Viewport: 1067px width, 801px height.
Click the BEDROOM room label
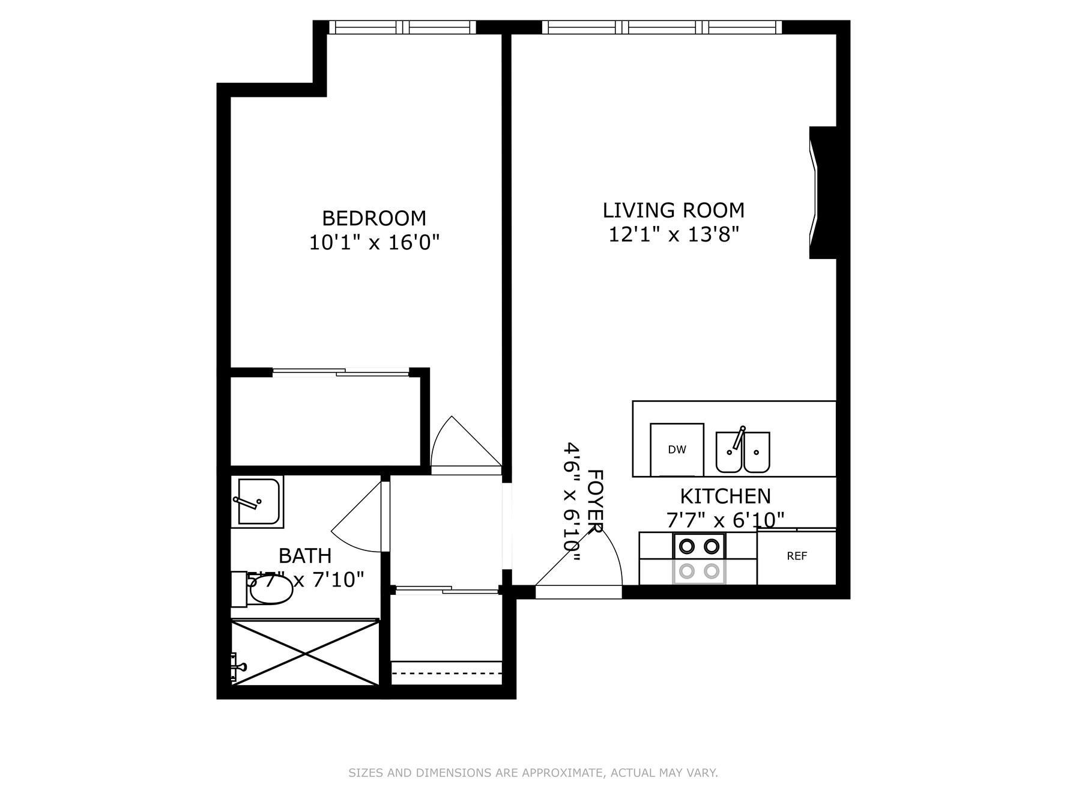(x=374, y=218)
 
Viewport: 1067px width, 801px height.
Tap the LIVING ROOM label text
(x=674, y=210)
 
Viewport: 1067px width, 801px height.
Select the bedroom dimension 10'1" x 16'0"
(x=374, y=243)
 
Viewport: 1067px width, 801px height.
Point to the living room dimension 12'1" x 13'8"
(x=674, y=234)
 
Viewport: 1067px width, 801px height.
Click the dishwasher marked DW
(x=677, y=449)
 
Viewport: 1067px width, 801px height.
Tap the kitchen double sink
(x=743, y=451)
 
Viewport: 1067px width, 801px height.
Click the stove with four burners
(x=699, y=558)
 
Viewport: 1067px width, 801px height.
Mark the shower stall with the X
(x=305, y=652)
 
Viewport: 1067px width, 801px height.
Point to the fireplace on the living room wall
(x=823, y=192)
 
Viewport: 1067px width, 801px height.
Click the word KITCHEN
(x=725, y=496)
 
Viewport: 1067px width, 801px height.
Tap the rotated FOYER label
(x=594, y=502)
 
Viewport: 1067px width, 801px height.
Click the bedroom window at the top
(x=402, y=27)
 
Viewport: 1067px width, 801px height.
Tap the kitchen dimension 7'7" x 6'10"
(x=725, y=520)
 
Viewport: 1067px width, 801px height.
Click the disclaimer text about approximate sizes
(x=533, y=773)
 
